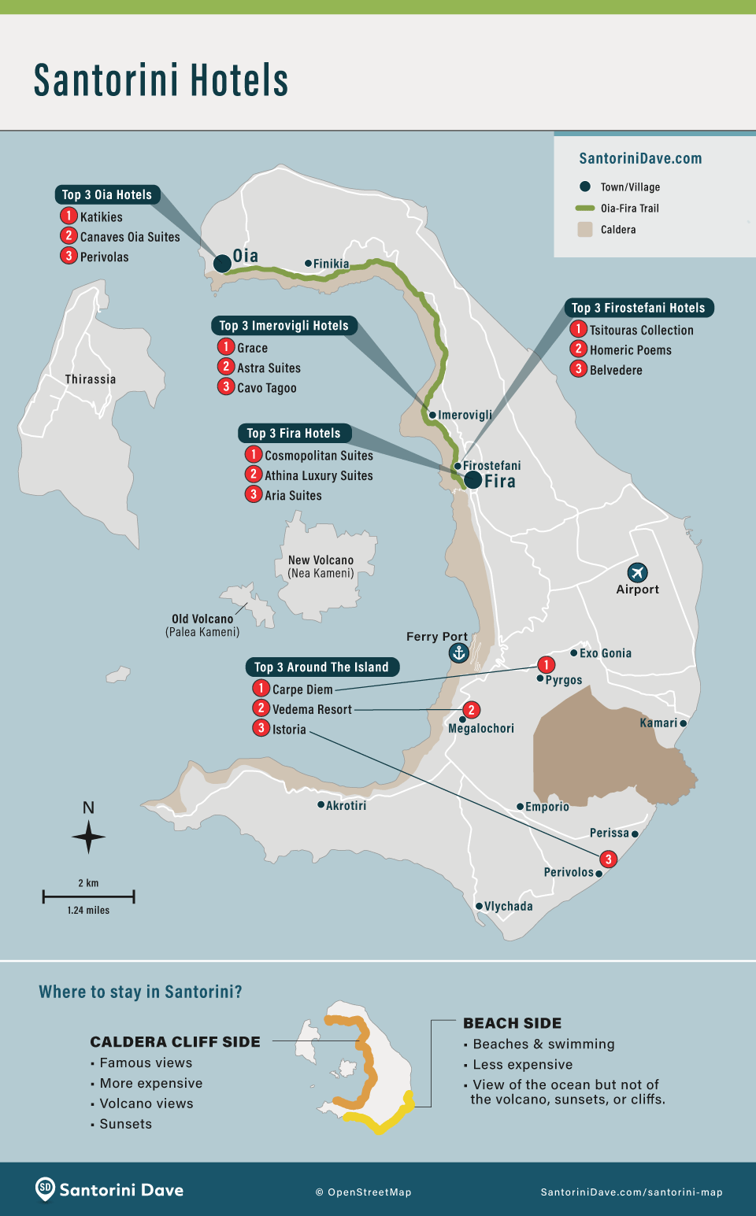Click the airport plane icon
pyautogui.click(x=637, y=572)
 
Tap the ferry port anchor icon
pyautogui.click(x=458, y=652)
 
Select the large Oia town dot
pyautogui.click(x=222, y=264)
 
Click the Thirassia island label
pyautogui.click(x=91, y=379)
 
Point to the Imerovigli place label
pyautogui.click(x=465, y=415)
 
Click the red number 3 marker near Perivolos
pyautogui.click(x=608, y=859)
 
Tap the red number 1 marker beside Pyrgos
pyautogui.click(x=546, y=665)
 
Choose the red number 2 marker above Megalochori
pyautogui.click(x=471, y=710)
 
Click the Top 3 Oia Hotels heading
pyautogui.click(x=107, y=195)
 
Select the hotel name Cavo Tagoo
pyautogui.click(x=267, y=388)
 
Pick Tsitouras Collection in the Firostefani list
pyautogui.click(x=641, y=331)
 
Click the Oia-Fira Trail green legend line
pyautogui.click(x=584, y=209)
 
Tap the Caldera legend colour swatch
pyautogui.click(x=584, y=230)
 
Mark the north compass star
pyautogui.click(x=89, y=837)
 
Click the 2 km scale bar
pyautogui.click(x=88, y=896)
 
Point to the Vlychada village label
pyautogui.click(x=508, y=907)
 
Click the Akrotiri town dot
pyautogui.click(x=321, y=804)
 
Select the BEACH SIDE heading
pyautogui.click(x=512, y=1023)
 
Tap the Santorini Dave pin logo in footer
pyautogui.click(x=46, y=1188)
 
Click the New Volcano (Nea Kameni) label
pyautogui.click(x=321, y=567)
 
